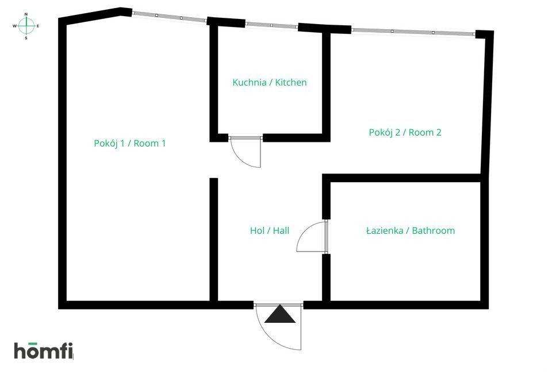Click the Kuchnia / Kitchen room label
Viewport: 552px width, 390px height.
pos(269,82)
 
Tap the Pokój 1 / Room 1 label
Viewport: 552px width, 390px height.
pos(129,143)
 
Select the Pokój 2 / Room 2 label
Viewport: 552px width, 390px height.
pos(405,132)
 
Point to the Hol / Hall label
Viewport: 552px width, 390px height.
pos(269,230)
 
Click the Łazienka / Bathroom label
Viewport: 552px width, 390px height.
pos(410,230)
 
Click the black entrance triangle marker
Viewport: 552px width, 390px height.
pos(279,315)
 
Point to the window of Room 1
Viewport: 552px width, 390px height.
pos(169,17)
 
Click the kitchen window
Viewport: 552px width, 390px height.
pos(271,25)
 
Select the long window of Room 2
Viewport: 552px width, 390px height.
pos(413,32)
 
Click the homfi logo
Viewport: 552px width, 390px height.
pos(44,350)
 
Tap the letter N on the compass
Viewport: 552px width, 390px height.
pos(26,13)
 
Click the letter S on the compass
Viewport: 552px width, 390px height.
pos(26,38)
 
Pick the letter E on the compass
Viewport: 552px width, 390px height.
pos(38,26)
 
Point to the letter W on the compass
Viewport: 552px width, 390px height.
pos(14,26)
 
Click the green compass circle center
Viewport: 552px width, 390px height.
pos(26,26)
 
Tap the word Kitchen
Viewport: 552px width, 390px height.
pos(291,82)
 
